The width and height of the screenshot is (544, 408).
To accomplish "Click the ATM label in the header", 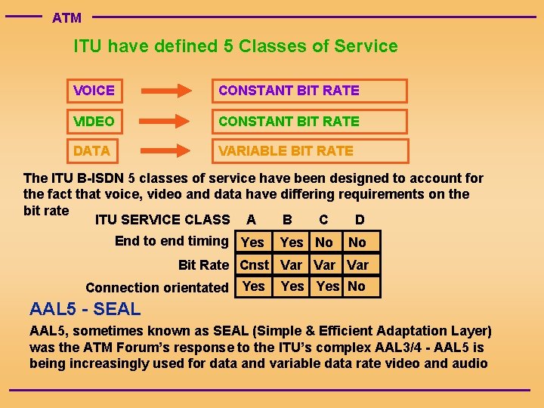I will tap(66, 17).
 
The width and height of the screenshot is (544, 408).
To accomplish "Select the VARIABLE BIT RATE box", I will tap(309, 151).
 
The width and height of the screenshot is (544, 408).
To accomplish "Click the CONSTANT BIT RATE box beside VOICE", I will tap(309, 91).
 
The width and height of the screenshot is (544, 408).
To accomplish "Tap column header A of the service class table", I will tap(251, 220).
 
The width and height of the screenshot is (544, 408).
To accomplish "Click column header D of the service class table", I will tap(360, 220).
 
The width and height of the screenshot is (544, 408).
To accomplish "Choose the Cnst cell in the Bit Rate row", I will tap(254, 264).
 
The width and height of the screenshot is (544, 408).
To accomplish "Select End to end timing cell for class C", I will tap(324, 243).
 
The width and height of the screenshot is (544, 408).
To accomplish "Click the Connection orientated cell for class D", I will tap(357, 286).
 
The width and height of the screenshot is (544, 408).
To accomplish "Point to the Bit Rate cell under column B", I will tap(291, 264).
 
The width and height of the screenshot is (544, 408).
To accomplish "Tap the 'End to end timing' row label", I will tap(172, 241).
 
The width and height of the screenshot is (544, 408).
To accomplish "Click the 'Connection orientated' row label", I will tap(157, 287).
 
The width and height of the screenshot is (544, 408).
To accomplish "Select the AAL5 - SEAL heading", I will tap(85, 309).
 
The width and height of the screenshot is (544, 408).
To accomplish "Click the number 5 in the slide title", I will tap(228, 46).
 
